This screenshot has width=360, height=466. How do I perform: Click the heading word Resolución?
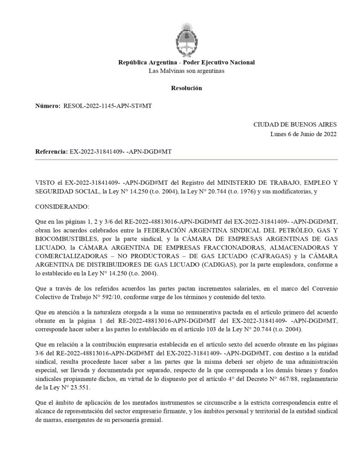click(186, 88)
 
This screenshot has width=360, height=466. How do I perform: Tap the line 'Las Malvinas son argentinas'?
click(186, 71)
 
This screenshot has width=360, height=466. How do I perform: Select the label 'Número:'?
click(48, 106)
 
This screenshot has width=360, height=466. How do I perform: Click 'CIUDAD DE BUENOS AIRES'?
click(294, 124)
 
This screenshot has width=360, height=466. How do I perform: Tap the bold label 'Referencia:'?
click(51, 151)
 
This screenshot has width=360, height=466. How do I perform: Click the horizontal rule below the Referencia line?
click(186, 160)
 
